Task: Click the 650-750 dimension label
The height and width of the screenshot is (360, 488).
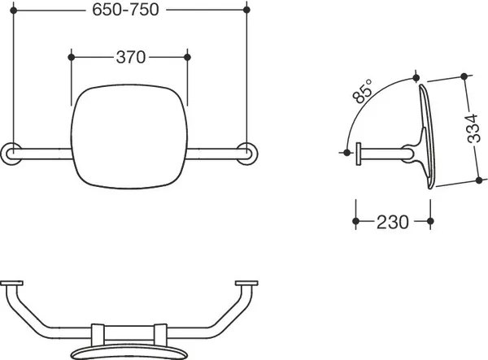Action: click(x=125, y=10)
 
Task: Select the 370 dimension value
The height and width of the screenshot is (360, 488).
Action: click(x=131, y=57)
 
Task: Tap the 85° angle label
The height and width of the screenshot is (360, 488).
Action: click(x=363, y=91)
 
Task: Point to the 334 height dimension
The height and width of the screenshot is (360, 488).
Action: click(x=473, y=128)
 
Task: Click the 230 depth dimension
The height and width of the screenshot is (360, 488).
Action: click(x=393, y=222)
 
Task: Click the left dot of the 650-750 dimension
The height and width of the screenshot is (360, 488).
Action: click(x=13, y=11)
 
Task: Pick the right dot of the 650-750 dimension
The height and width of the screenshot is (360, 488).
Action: click(x=246, y=10)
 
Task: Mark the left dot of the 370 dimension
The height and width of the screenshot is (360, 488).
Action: click(x=72, y=57)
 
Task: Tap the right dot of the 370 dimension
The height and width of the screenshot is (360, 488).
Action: click(x=187, y=57)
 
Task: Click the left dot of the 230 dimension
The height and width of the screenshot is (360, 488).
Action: click(x=356, y=221)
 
